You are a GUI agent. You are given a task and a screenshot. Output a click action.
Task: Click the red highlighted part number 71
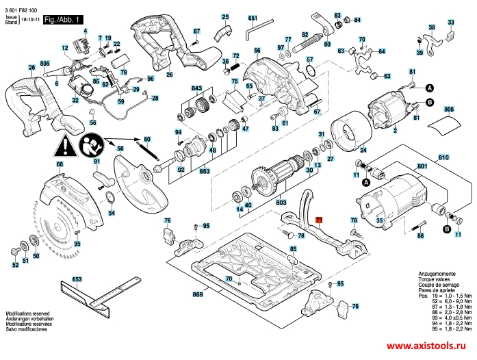pos(319,219)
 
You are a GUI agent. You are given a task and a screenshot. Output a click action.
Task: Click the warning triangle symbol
pos(67,145)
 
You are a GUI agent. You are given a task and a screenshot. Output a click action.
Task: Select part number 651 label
pos(252,17)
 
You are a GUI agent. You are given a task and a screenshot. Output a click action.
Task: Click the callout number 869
pos(198,294)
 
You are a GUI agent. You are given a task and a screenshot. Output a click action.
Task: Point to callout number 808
pos(448,110)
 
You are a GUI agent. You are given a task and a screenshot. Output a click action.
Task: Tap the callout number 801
pos(421,166)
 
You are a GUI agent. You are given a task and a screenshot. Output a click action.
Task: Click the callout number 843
pos(197,90)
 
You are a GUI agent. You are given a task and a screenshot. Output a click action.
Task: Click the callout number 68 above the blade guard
pos(60,165)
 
